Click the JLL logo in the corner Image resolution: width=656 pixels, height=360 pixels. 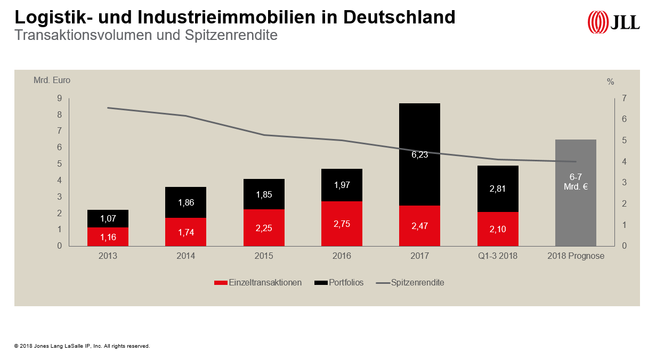(x=613, y=22)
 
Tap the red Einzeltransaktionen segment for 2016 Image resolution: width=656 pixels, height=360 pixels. (x=342, y=224)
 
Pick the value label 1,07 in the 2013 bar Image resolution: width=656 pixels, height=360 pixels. (x=108, y=218)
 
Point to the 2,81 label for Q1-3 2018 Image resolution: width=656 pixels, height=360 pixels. (x=498, y=188)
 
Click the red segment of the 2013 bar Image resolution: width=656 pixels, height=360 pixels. (x=108, y=236)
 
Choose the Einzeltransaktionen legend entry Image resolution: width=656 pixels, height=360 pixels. (x=258, y=283)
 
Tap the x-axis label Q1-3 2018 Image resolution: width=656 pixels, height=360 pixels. (x=498, y=256)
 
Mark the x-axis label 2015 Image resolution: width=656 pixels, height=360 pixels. (x=264, y=256)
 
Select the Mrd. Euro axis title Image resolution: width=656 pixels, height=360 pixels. (x=52, y=80)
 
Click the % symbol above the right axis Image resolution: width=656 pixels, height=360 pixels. (x=610, y=82)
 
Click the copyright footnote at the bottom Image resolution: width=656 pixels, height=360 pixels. (x=82, y=346)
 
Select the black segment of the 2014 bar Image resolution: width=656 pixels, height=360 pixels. (x=185, y=202)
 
